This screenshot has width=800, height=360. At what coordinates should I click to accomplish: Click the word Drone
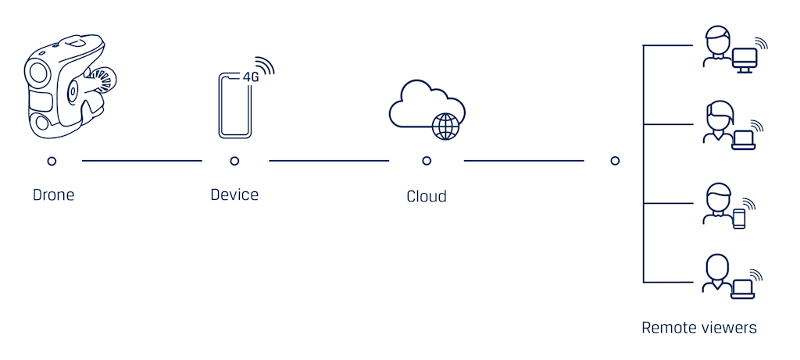(54, 194)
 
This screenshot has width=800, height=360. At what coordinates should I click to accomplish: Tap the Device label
(234, 194)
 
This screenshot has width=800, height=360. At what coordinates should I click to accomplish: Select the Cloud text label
(427, 196)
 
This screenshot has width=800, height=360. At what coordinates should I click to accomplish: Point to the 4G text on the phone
(250, 78)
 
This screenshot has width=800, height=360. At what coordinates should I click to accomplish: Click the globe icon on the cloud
(445, 127)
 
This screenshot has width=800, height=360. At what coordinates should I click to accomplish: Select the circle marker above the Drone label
(52, 161)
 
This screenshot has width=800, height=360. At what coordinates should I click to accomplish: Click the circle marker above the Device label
(234, 161)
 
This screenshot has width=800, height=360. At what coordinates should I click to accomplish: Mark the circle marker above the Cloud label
(427, 161)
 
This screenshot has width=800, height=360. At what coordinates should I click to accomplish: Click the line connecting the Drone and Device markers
(142, 161)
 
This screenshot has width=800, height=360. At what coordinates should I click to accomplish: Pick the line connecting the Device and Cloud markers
(329, 161)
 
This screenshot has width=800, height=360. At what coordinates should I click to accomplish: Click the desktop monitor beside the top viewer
(745, 60)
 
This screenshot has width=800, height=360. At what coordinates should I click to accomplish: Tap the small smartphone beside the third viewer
(739, 219)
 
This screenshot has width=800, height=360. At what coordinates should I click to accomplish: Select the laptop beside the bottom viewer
(743, 289)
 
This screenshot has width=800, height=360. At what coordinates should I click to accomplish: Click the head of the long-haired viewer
(720, 114)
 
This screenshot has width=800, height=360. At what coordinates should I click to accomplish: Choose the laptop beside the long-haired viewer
(744, 140)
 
